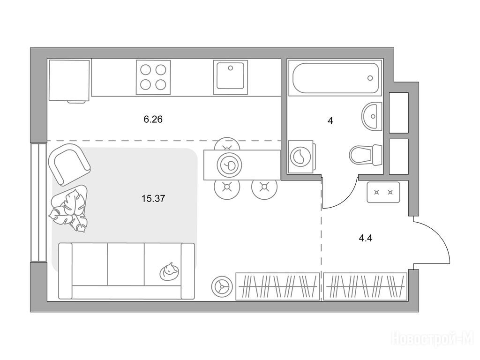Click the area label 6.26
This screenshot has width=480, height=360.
click(153, 119)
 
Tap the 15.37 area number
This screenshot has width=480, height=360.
click(153, 199)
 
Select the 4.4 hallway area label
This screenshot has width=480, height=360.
click(366, 238)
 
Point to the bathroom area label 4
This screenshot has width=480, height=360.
click(330, 121)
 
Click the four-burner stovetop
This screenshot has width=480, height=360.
click(153, 77)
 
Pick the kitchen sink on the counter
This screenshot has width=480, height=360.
click(231, 77)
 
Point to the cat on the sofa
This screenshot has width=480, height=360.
click(169, 271)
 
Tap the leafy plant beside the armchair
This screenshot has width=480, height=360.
click(69, 208)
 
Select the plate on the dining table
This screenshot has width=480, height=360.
click(229, 165)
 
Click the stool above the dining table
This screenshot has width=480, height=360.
click(227, 143)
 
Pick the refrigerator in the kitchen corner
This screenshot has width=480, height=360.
click(69, 81)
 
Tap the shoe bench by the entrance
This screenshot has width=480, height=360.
click(383, 192)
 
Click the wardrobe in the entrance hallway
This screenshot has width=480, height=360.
click(365, 286)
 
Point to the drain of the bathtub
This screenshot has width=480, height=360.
click(370, 78)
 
